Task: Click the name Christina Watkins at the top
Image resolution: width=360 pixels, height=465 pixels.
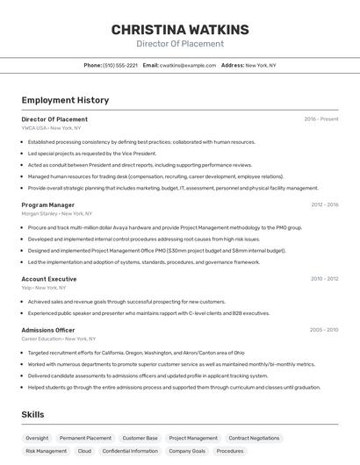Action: [x=179, y=30]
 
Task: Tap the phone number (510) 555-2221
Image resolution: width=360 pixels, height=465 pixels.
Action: [x=120, y=65]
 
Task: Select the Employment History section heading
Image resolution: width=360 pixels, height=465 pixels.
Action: [x=65, y=100]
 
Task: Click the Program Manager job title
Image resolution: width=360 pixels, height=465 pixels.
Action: [x=47, y=204]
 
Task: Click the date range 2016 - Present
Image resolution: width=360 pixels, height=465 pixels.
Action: [x=320, y=119]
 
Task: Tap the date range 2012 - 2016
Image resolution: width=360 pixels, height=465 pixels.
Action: [x=324, y=204]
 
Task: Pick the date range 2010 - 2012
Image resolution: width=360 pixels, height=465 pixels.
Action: [x=324, y=279]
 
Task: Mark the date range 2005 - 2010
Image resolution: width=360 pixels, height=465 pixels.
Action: [x=324, y=330]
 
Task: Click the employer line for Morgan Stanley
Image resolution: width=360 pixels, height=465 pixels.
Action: [x=57, y=213]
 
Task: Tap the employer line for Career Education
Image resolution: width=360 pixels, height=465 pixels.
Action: [x=58, y=339]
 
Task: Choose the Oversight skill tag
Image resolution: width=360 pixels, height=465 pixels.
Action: [x=37, y=438]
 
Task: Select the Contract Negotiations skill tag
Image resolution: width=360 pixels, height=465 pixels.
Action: [x=254, y=438]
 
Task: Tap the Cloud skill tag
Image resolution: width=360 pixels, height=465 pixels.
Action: [x=84, y=451]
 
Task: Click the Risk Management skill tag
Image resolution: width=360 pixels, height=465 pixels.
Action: [x=46, y=451]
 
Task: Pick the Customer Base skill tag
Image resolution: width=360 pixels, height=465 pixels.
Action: [x=140, y=438]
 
